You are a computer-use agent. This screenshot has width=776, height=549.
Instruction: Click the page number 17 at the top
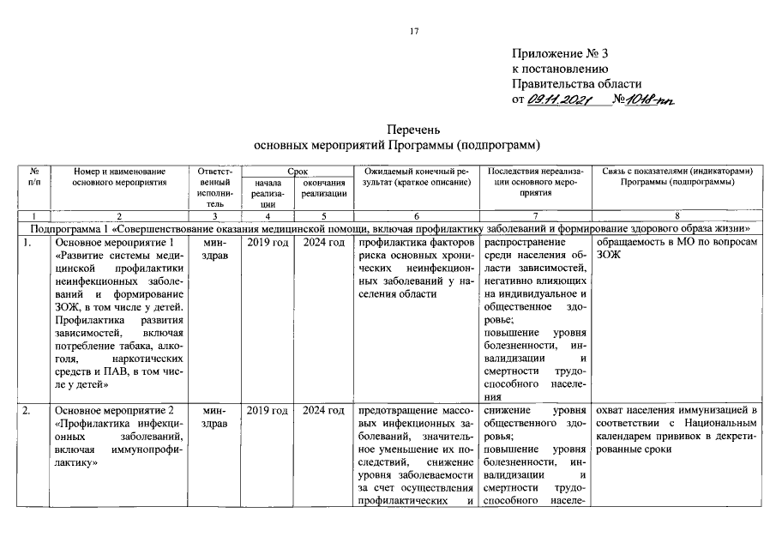click(413, 32)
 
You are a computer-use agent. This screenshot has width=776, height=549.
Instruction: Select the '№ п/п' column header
click(34, 177)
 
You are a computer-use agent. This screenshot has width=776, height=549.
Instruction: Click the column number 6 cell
click(414, 217)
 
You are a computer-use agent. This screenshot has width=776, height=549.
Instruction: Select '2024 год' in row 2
click(324, 411)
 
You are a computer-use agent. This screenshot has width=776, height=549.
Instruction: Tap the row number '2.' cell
click(28, 411)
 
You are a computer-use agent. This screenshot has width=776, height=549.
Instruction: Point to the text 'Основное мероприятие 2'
click(119, 411)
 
